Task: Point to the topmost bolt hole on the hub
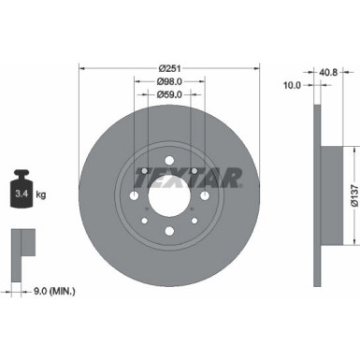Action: click(x=168, y=161)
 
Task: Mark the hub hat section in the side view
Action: click(x=327, y=196)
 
